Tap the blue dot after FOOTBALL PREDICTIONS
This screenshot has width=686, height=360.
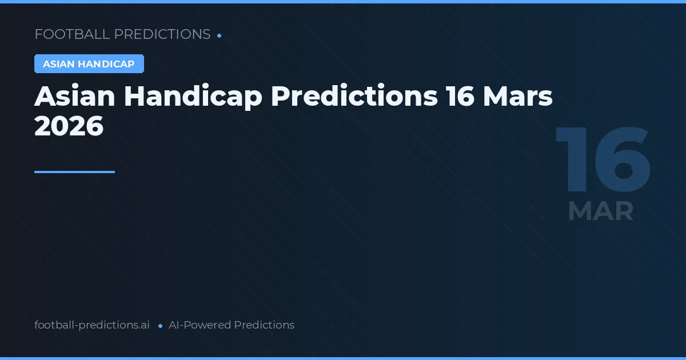pyautogui.click(x=220, y=35)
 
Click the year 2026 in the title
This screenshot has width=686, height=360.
pyautogui.click(x=69, y=126)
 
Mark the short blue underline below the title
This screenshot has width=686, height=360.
pyautogui.click(x=74, y=171)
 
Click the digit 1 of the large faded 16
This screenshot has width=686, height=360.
pyautogui.click(x=575, y=160)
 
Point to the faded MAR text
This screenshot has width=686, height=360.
pyautogui.click(x=601, y=211)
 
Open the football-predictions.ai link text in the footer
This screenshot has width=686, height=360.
pyautogui.click(x=92, y=325)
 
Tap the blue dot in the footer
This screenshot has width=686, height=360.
pyautogui.click(x=160, y=326)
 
